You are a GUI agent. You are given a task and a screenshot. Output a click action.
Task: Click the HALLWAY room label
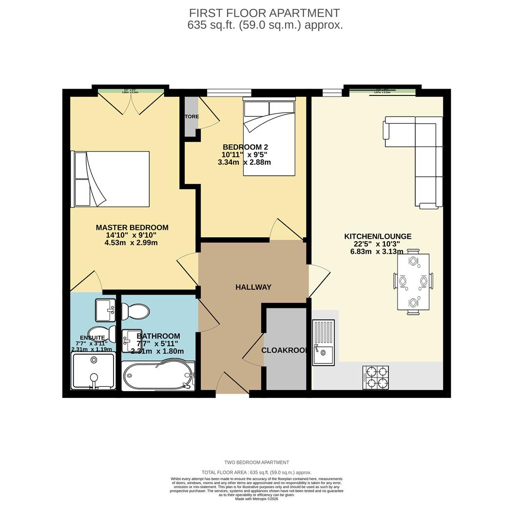253,287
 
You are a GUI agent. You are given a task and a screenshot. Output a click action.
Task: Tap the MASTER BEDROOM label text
132,227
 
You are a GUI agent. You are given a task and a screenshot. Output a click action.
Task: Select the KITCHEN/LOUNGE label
378,236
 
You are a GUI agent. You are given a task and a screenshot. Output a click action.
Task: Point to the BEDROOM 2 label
245,147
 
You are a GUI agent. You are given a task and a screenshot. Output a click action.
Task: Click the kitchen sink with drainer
323,342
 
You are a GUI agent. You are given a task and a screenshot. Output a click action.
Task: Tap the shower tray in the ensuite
94,371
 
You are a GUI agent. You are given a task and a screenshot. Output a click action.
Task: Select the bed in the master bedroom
111,179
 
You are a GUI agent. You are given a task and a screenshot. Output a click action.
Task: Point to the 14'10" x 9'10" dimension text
132,235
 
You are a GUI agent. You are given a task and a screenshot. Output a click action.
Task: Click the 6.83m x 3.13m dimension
377,252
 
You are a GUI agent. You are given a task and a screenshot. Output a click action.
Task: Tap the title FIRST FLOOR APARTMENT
265,13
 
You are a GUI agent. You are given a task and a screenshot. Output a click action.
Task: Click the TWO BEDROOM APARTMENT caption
256,462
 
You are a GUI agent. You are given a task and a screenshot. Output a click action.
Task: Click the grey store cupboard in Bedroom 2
191,117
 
